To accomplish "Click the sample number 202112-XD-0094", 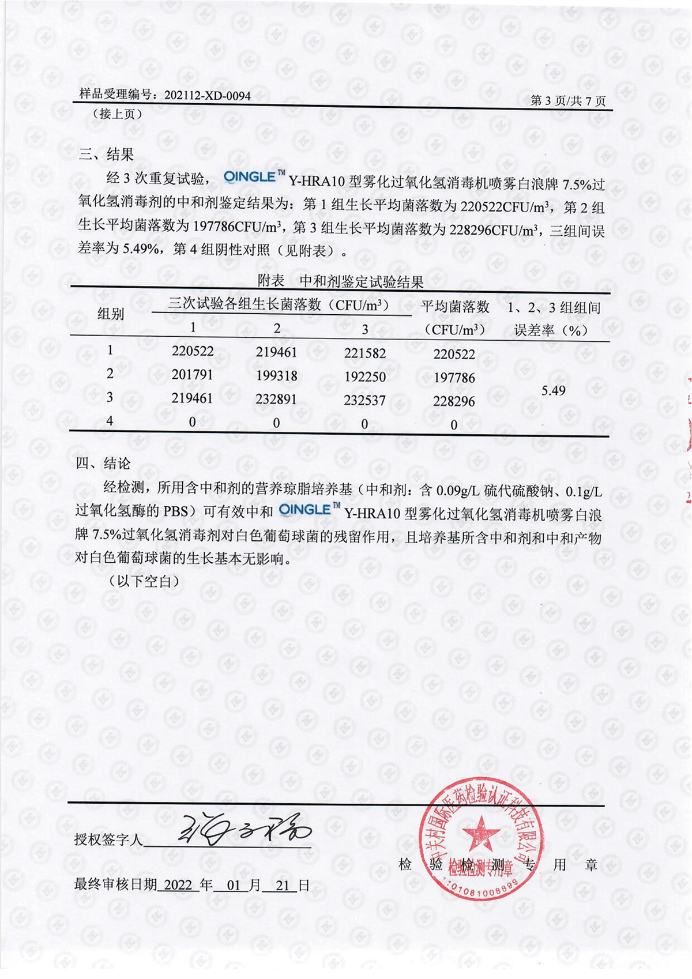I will click(x=207, y=96).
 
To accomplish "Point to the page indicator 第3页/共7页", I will click(x=567, y=101).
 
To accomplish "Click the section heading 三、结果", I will click(x=107, y=154).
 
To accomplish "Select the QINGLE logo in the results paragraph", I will click(x=254, y=177).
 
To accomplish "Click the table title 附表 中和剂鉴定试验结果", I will click(x=340, y=281).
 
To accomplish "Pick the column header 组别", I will click(x=111, y=314).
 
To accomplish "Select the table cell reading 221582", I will click(x=364, y=353).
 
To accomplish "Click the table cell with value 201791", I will click(x=193, y=375).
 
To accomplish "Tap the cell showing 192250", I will click(x=364, y=376).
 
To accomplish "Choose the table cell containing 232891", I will click(x=276, y=399).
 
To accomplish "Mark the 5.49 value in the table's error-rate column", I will click(x=553, y=391).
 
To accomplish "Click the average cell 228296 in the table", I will click(x=454, y=401).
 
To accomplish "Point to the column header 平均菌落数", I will click(x=454, y=307).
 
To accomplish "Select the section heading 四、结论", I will click(x=104, y=464).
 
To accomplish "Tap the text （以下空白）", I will click(x=144, y=581).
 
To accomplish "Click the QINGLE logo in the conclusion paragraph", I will click(x=309, y=509).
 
